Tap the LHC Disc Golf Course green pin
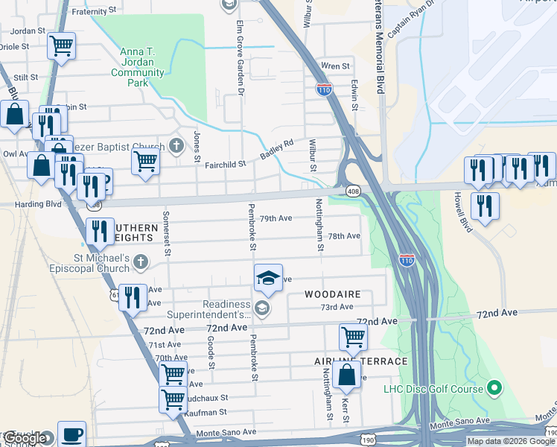(493, 387)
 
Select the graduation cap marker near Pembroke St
(268, 279)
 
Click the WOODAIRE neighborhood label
(333, 294)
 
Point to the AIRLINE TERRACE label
(361, 361)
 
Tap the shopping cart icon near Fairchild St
(145, 161)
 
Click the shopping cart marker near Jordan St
(61, 46)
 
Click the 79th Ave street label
(276, 218)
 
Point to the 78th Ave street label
(345, 236)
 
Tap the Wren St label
(335, 66)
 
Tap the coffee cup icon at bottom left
(71, 434)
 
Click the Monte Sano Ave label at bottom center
(226, 432)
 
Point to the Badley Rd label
(277, 149)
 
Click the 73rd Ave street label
(337, 307)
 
